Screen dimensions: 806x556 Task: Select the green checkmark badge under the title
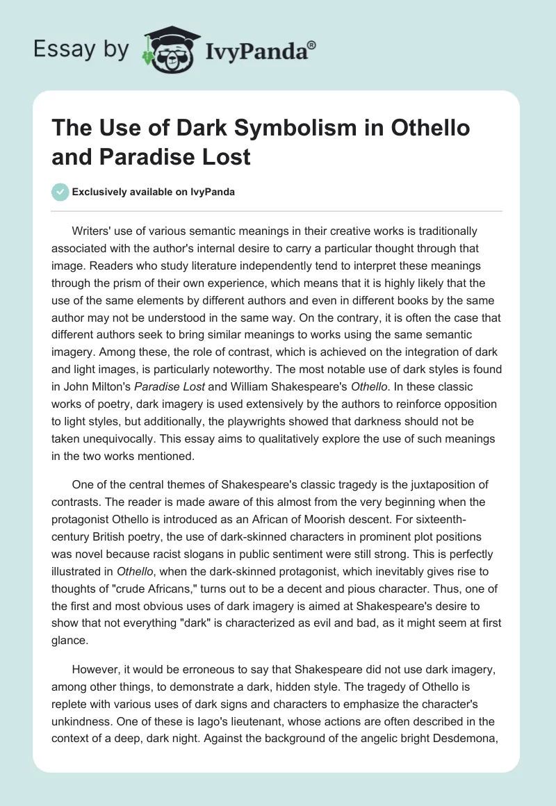[60, 192]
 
